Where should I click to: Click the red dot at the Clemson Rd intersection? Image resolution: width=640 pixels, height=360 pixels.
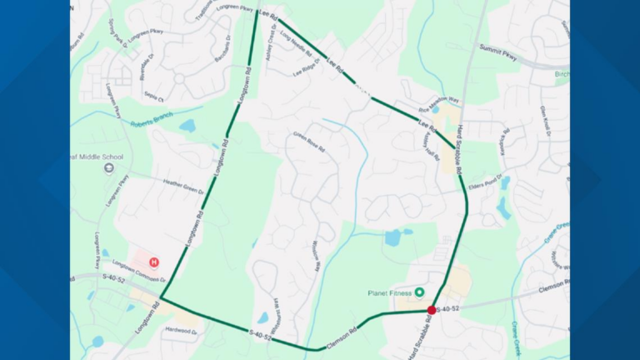(432, 310)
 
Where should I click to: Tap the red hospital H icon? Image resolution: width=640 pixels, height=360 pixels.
(153, 262)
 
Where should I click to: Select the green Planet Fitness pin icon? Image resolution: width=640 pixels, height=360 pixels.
(420, 292)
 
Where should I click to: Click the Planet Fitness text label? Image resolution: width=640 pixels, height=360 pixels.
(390, 292)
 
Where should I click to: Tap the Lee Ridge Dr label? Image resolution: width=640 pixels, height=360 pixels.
(307, 73)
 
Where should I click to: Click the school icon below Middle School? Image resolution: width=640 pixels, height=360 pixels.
(108, 168)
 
